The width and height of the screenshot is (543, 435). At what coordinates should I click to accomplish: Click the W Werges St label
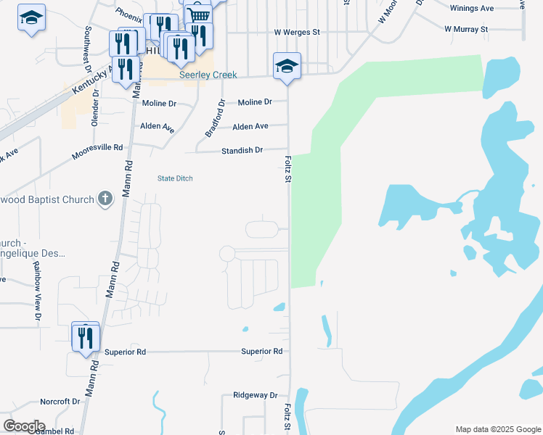297,33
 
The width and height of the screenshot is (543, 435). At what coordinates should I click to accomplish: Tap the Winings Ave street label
472,8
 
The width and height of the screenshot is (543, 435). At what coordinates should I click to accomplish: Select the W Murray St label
466,29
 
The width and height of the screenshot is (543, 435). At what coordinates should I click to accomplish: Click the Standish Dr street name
243,150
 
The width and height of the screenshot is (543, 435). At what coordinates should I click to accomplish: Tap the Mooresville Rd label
97,151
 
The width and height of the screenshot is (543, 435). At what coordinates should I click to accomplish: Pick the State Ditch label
175,178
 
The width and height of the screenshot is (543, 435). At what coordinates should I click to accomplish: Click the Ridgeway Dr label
256,395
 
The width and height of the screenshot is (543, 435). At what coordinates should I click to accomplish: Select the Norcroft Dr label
60,401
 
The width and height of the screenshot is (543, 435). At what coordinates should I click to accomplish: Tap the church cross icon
105,199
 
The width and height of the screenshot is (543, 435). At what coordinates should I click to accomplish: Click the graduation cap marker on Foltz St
287,66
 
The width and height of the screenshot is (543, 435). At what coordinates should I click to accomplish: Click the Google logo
25,426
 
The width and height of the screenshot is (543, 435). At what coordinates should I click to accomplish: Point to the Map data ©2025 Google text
497,429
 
